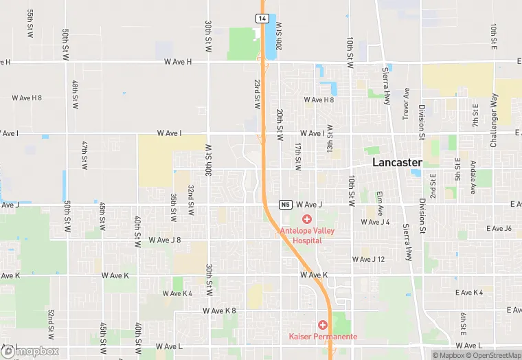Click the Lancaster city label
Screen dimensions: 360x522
(x=397, y=163)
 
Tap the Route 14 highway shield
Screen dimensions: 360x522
(x=262, y=19)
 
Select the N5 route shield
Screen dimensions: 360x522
(x=286, y=205)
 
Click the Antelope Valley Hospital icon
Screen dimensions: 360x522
(x=307, y=218)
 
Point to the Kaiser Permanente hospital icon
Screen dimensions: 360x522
(x=321, y=324)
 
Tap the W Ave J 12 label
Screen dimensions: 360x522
(x=369, y=259)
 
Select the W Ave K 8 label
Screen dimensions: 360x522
(x=219, y=311)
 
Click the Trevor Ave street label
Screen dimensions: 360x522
(x=406, y=104)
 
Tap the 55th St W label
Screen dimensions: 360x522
(x=30, y=23)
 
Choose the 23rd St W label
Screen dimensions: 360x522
(x=256, y=93)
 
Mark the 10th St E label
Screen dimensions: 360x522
(x=493, y=37)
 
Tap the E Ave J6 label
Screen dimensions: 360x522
(x=499, y=228)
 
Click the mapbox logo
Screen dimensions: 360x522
(x=30, y=351)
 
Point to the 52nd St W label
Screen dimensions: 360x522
(x=51, y=323)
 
